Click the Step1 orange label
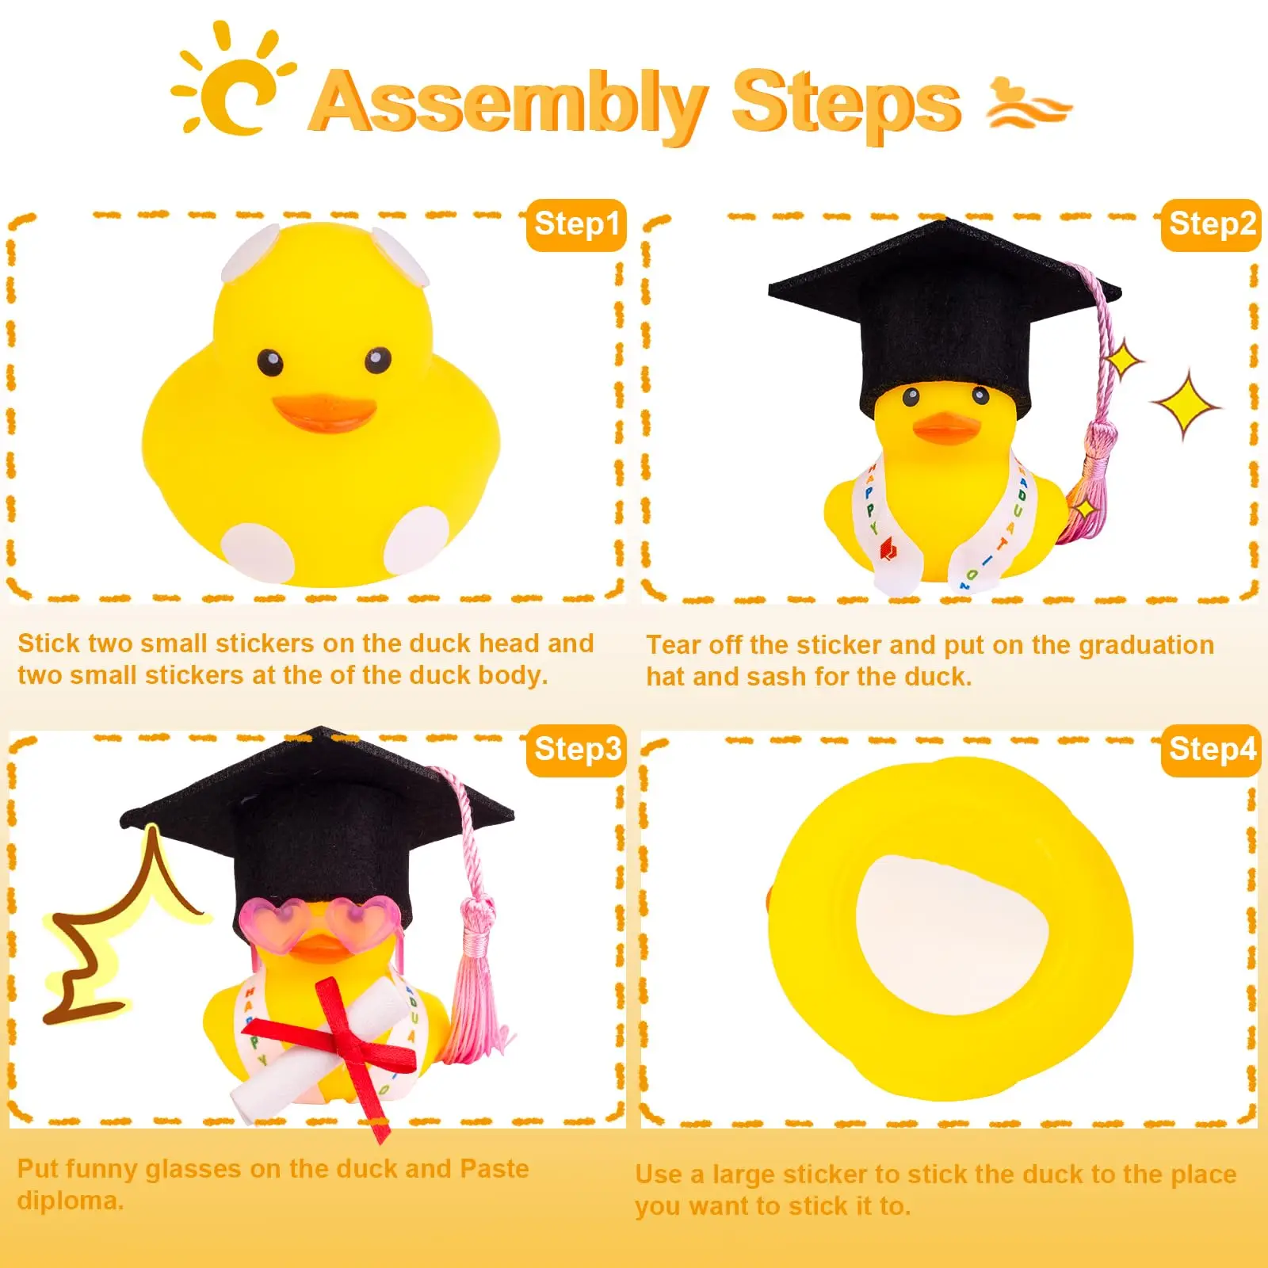pos(576,224)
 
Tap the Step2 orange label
pos(1211,224)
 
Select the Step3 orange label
pos(576,750)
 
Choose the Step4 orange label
pos(1211,750)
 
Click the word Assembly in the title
pos(507,103)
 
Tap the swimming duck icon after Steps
pos(1027,105)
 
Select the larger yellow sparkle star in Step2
pos(1186,405)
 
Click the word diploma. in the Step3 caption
pos(71,1201)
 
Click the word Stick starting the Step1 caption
pos(48,644)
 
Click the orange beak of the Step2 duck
pos(945,428)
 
